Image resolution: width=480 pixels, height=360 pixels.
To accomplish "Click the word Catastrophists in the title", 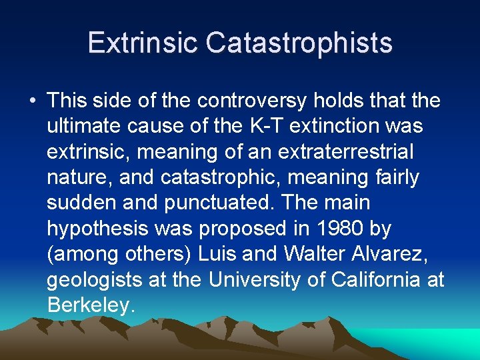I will point(299,43).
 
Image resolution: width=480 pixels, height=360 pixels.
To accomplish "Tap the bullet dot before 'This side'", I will point(32,101).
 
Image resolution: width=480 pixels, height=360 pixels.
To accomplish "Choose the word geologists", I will point(95,279).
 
